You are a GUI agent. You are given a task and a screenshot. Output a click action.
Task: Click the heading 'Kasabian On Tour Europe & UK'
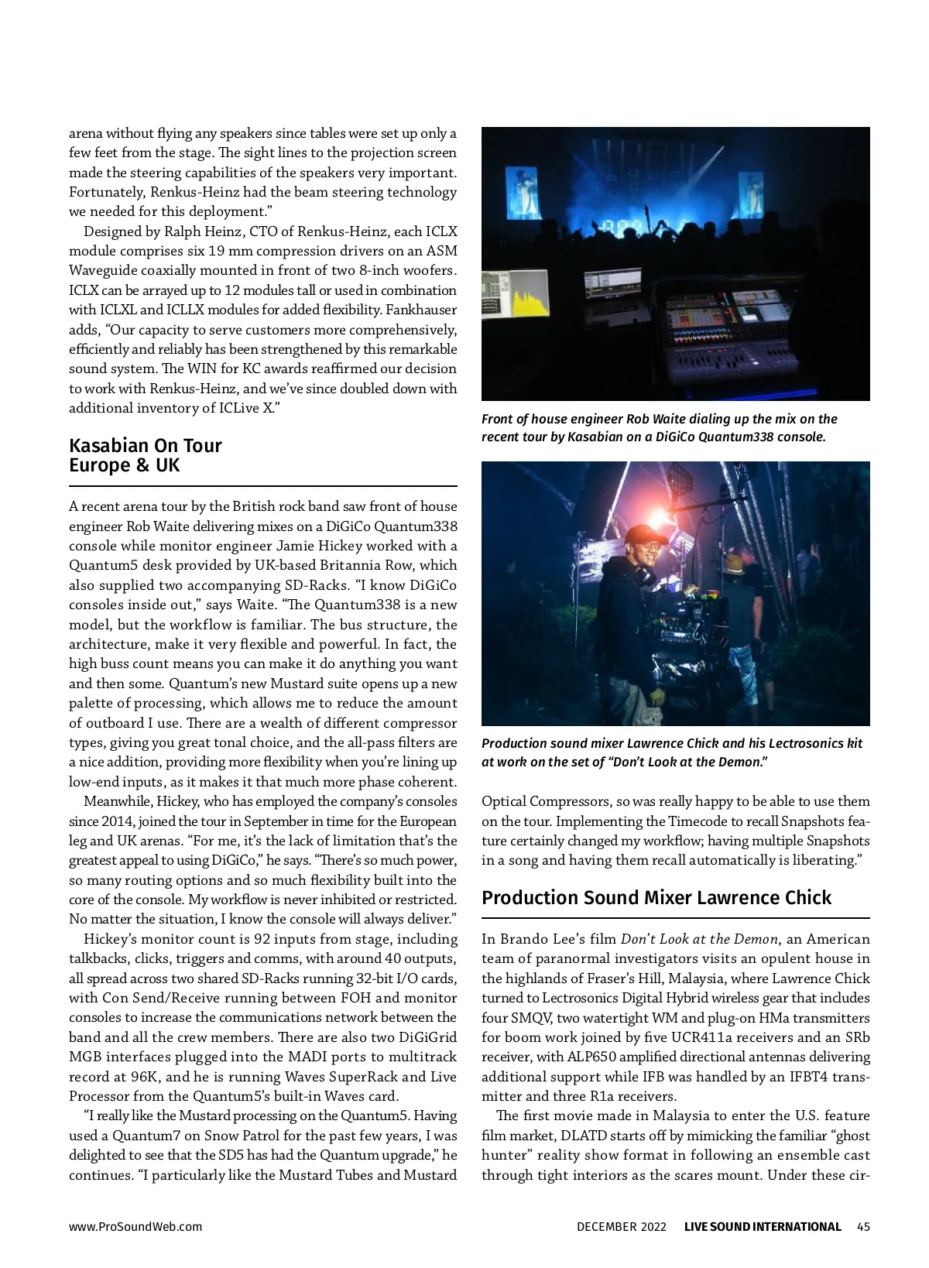point(146,455)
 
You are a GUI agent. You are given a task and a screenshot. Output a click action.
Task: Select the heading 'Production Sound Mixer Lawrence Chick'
point(656,898)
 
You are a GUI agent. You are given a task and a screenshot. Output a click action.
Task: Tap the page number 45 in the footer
point(863,1226)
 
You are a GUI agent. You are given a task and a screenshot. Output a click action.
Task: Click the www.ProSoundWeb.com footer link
point(135,1226)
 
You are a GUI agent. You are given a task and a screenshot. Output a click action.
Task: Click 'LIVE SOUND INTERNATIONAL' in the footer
point(762,1226)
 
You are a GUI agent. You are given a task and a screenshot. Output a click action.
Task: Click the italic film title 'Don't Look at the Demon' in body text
point(699,939)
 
